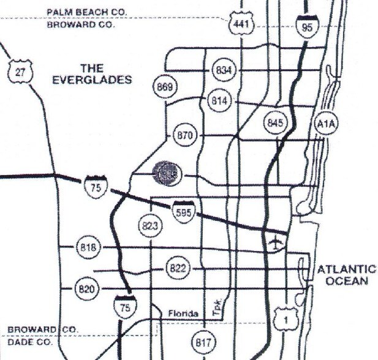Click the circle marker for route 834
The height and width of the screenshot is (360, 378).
(x=223, y=70)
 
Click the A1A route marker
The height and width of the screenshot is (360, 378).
(x=325, y=125)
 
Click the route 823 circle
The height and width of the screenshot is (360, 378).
(x=149, y=226)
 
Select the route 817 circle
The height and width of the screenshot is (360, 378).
(x=203, y=342)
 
